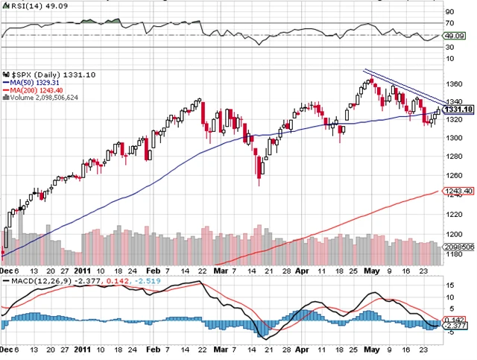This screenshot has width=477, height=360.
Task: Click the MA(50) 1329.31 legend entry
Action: tap(40, 83)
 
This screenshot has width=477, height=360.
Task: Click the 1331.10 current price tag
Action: tap(458, 110)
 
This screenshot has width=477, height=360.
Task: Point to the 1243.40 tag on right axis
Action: tap(458, 192)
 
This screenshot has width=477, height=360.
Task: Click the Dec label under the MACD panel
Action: tap(7, 348)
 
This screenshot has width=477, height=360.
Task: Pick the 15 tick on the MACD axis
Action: tap(449, 285)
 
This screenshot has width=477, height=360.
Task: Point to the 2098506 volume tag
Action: tap(460, 245)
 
